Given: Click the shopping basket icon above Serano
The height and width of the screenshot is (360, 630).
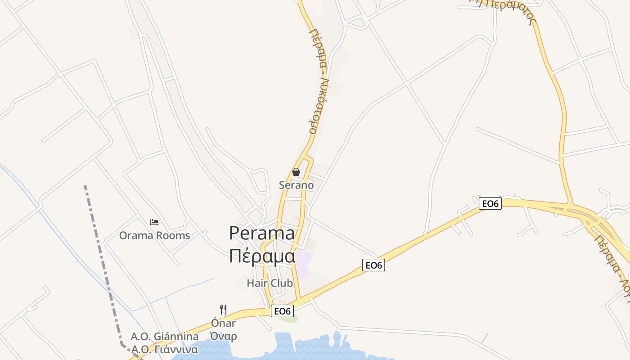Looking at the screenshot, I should tap(296, 172).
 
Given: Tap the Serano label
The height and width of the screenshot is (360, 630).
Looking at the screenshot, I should tap(296, 184).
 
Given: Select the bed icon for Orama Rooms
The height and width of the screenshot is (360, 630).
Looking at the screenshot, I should tap(154, 222).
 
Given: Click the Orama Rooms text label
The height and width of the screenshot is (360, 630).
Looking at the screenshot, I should tap(154, 235).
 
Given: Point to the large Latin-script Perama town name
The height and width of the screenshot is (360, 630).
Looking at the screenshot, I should tap(262, 233).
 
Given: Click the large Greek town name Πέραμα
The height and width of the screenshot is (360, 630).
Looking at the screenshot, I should tap(262, 256).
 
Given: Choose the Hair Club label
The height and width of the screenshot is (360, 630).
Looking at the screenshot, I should tap(270, 283).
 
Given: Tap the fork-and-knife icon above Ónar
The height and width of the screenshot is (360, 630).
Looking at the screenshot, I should tap(223, 310).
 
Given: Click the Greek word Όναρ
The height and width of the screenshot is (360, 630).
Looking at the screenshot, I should tap(223, 336).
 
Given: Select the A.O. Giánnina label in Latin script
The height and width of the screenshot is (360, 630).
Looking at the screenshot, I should tap(164, 336).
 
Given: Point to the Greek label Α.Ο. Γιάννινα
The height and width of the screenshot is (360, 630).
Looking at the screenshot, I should tap(164, 350).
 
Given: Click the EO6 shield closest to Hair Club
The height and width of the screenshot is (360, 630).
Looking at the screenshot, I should tap(283, 311).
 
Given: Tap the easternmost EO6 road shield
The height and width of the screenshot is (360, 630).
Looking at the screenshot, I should tap(490, 204).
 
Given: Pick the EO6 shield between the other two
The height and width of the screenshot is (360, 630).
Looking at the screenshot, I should tap(373, 265).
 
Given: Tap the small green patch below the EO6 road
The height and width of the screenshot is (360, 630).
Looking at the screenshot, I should tap(288, 319).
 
